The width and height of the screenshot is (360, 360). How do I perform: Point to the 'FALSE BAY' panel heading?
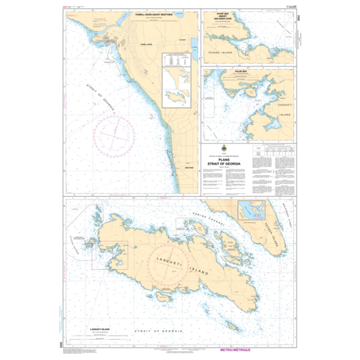250,71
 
